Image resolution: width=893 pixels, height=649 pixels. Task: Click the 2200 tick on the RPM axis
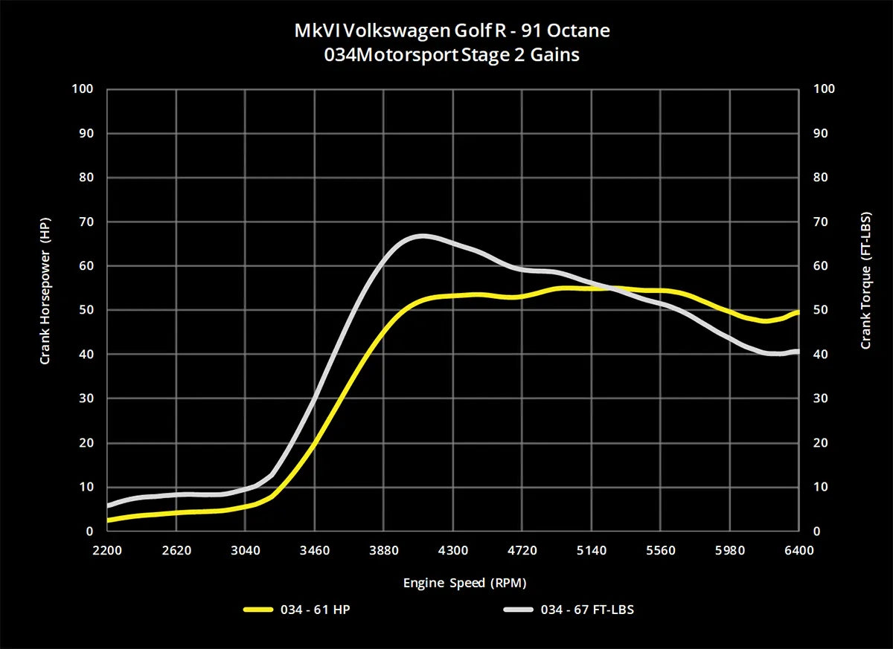point(107,551)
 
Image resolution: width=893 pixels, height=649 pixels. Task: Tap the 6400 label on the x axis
point(798,551)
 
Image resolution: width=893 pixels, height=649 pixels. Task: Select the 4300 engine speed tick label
point(453,551)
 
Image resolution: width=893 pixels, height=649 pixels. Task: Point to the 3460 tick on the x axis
point(315,551)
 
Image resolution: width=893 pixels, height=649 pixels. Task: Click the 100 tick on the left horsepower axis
point(83,89)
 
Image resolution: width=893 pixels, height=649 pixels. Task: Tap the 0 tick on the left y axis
point(89,532)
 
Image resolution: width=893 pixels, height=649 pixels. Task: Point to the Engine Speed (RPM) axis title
point(453,583)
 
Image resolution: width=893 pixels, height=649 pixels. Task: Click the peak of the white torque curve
point(422,236)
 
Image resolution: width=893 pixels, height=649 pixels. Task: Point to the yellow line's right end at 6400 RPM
point(798,312)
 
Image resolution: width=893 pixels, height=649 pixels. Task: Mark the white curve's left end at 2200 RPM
point(109,506)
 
